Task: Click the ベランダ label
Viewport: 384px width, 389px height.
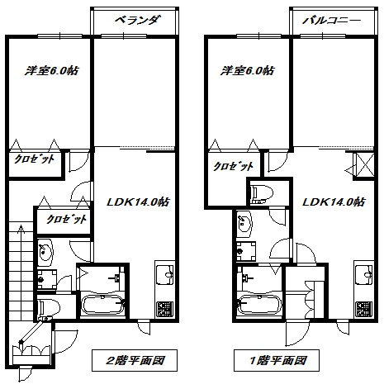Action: tap(137, 21)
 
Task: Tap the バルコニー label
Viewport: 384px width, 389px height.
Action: tap(332, 21)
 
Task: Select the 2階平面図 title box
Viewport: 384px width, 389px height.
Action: tap(135, 360)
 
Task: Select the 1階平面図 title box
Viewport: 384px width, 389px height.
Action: tap(277, 360)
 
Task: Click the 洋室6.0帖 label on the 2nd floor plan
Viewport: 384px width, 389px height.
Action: tap(52, 70)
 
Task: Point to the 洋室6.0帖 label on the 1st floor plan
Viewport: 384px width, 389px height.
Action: tap(247, 70)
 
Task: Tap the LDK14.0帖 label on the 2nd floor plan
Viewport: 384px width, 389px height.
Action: tap(138, 202)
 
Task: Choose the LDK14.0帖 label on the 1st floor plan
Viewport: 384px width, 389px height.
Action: tap(334, 202)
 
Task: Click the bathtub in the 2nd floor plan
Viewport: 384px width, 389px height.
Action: tap(102, 305)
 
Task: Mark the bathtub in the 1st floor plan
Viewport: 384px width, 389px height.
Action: tap(259, 305)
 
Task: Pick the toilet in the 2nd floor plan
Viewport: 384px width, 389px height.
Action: tap(50, 307)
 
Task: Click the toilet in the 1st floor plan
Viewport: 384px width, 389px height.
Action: tap(262, 192)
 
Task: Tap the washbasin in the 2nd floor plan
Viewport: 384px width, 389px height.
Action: tap(45, 253)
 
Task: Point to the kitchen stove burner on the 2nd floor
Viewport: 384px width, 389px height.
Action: tap(164, 308)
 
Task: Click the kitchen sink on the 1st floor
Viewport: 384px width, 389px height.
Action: tap(364, 275)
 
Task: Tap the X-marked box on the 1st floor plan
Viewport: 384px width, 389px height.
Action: tap(365, 164)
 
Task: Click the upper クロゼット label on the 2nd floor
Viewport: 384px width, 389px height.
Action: tap(35, 159)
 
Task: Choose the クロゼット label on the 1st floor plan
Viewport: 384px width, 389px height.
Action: tap(234, 166)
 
